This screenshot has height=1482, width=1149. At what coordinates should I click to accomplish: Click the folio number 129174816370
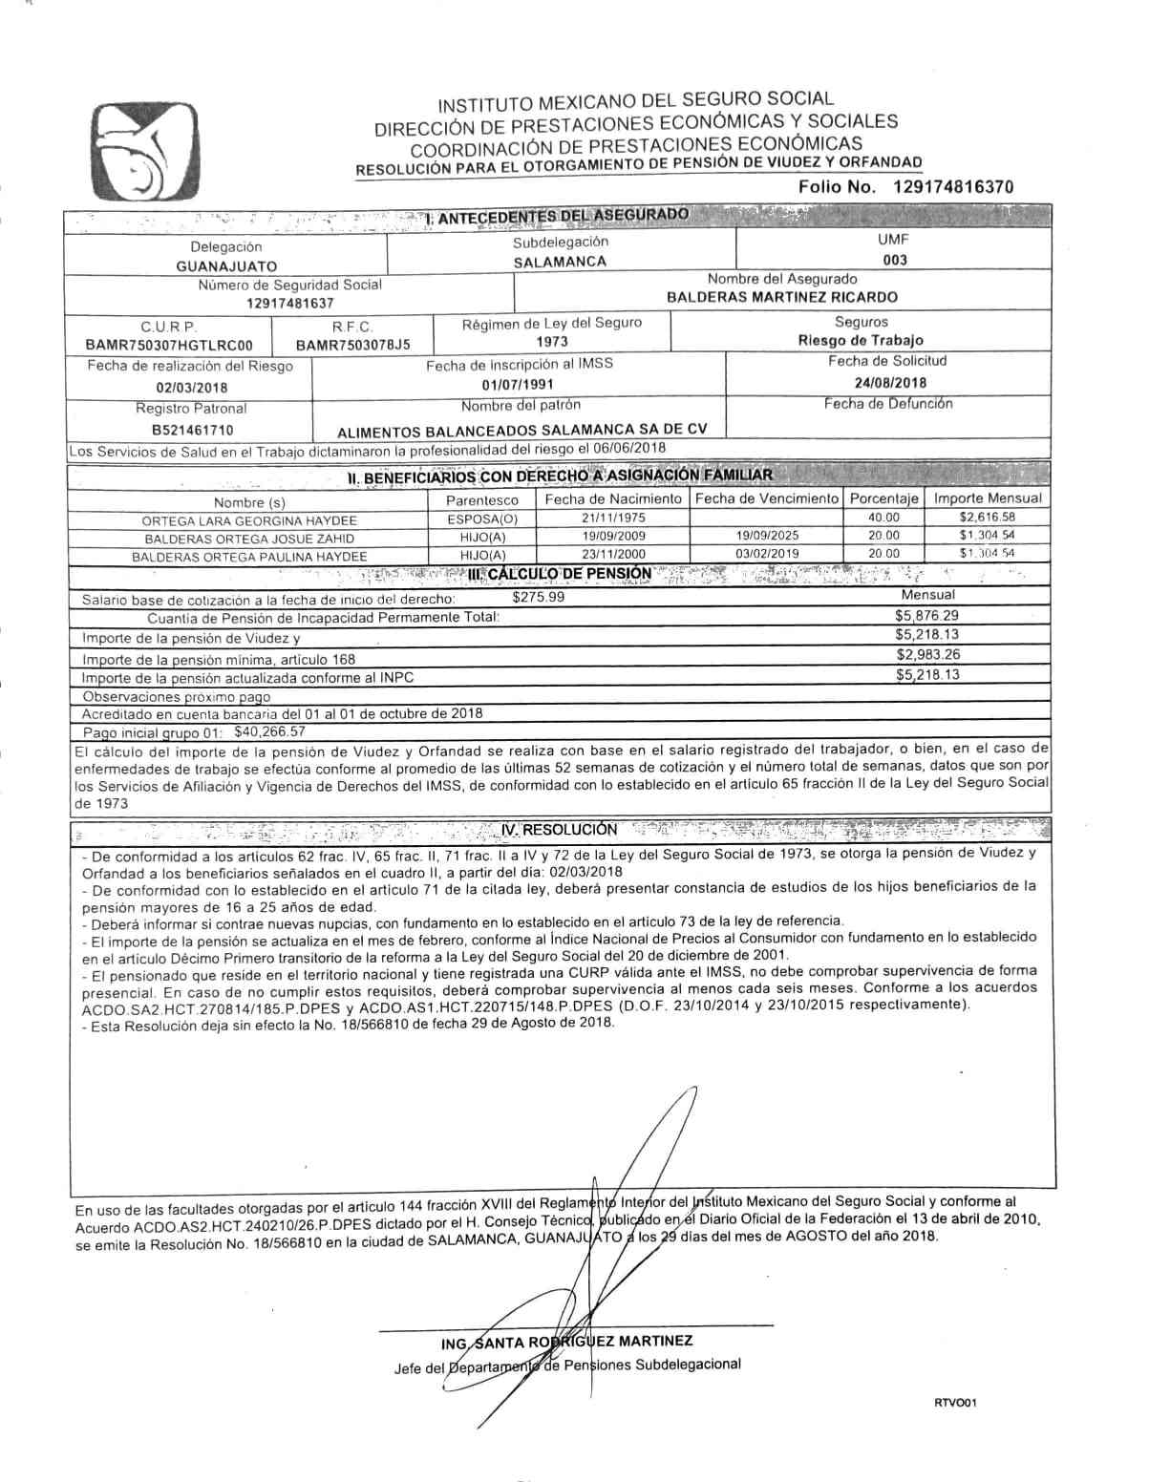952,187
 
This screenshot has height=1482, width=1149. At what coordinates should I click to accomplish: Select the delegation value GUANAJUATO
226,266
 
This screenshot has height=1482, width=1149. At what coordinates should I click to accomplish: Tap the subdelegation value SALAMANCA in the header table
560,262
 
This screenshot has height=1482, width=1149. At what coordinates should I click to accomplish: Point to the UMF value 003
895,260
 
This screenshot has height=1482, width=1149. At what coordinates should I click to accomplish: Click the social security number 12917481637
289,303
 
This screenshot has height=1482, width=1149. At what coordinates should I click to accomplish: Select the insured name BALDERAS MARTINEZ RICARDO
781,297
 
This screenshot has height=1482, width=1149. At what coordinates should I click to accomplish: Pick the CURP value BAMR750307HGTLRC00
169,345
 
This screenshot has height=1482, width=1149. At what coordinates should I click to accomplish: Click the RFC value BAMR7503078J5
352,345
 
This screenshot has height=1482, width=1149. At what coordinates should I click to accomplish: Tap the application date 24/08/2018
890,383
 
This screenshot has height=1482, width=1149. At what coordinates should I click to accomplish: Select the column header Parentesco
482,499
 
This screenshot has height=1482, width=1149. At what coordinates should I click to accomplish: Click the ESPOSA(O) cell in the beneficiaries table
482,519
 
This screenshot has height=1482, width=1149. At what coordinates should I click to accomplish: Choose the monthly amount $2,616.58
987,518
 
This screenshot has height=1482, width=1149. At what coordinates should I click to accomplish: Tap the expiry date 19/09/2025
767,537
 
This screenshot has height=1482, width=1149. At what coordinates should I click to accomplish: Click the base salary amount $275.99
539,598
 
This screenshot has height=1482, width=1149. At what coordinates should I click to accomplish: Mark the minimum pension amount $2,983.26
927,654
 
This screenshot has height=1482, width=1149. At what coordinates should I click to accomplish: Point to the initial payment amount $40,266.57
270,731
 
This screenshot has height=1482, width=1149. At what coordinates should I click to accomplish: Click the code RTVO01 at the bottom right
954,1403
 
